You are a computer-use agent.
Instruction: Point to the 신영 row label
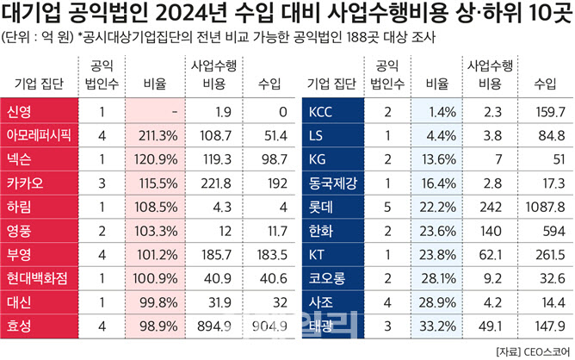coord(19,111)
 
